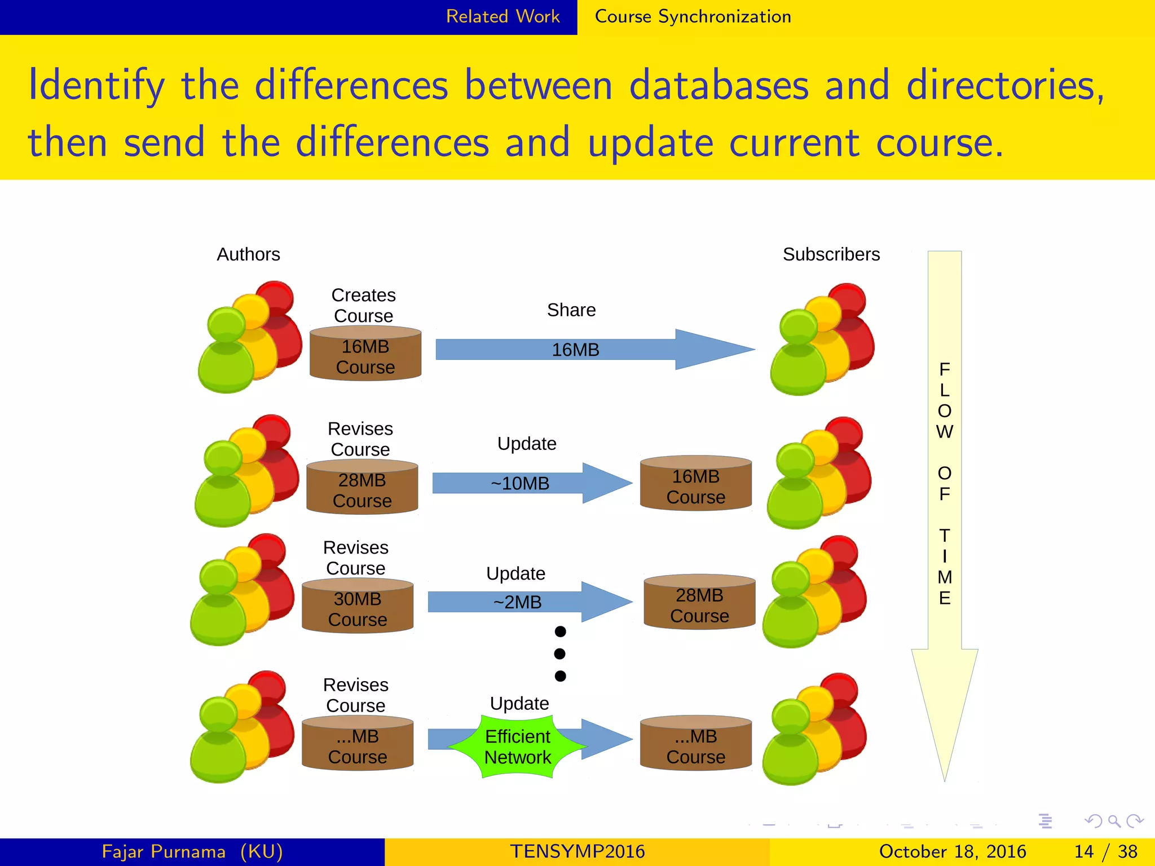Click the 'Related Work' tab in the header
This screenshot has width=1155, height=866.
tap(502, 16)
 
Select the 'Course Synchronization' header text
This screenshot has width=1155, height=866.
tap(693, 16)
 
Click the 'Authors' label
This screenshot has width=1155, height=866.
tap(248, 254)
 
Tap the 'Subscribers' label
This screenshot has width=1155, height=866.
tap(831, 254)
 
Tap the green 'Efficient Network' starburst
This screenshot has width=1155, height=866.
tap(518, 746)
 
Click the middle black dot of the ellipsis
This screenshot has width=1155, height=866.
tap(560, 653)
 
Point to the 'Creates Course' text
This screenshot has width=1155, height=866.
tap(363, 305)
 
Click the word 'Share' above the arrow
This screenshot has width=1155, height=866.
tap(571, 310)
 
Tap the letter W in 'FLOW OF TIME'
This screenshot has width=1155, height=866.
tap(944, 432)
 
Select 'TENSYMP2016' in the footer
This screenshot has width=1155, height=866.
tap(577, 851)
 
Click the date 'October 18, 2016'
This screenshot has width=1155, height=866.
tap(952, 851)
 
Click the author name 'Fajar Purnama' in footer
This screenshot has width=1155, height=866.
tap(164, 851)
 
